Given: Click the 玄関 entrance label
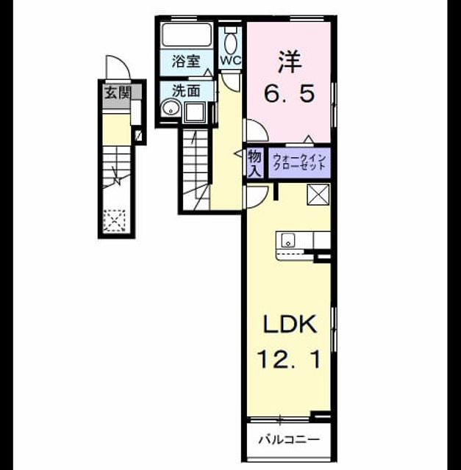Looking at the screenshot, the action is (118, 93).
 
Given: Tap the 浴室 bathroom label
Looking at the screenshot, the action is (186, 62).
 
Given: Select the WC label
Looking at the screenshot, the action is (231, 60).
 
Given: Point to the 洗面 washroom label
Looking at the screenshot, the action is (186, 90).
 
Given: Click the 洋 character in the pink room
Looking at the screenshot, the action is (290, 62).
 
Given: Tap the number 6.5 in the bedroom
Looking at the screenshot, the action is (290, 93).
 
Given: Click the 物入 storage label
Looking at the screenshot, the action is (255, 164).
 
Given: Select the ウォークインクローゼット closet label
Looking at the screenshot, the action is (299, 162).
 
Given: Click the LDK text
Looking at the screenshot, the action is (290, 324).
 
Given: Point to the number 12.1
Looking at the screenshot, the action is (290, 359).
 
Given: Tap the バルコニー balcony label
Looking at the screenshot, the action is (289, 440).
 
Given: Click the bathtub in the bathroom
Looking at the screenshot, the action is (187, 35).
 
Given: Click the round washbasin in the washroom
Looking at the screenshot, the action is (171, 109).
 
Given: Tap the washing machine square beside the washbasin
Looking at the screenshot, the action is (195, 112).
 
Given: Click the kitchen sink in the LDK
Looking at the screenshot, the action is (287, 241).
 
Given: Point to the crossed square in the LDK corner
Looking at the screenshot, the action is (318, 195).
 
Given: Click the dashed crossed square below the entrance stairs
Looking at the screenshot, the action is (115, 220).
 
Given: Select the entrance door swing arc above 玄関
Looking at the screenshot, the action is (118, 67).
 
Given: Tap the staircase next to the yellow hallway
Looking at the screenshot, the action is (196, 170).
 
